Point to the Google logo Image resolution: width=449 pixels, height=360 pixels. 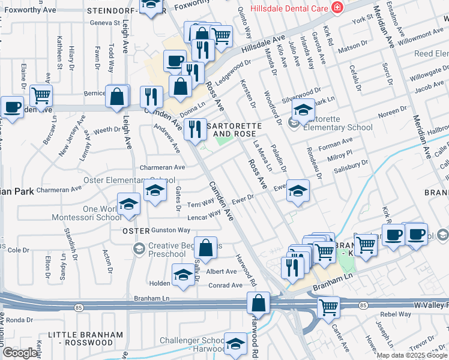[x=19, y=353]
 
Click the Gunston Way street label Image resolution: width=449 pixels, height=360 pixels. [x=170, y=230]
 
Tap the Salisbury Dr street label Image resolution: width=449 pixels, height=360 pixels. [x=350, y=164]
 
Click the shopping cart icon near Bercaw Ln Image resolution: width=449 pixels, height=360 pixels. [x=41, y=94]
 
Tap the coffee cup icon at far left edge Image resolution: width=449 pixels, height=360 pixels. [x=12, y=106]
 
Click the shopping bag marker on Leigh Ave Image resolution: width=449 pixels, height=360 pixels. [x=117, y=95]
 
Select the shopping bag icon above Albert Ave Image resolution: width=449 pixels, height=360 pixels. [x=205, y=247]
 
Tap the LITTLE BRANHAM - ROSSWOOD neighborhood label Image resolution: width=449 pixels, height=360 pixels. [x=85, y=338]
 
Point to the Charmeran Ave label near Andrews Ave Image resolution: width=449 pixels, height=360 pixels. [x=162, y=167]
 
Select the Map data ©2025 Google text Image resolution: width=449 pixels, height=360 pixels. [x=411, y=355]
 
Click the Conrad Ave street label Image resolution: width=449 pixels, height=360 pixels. [x=225, y=286]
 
